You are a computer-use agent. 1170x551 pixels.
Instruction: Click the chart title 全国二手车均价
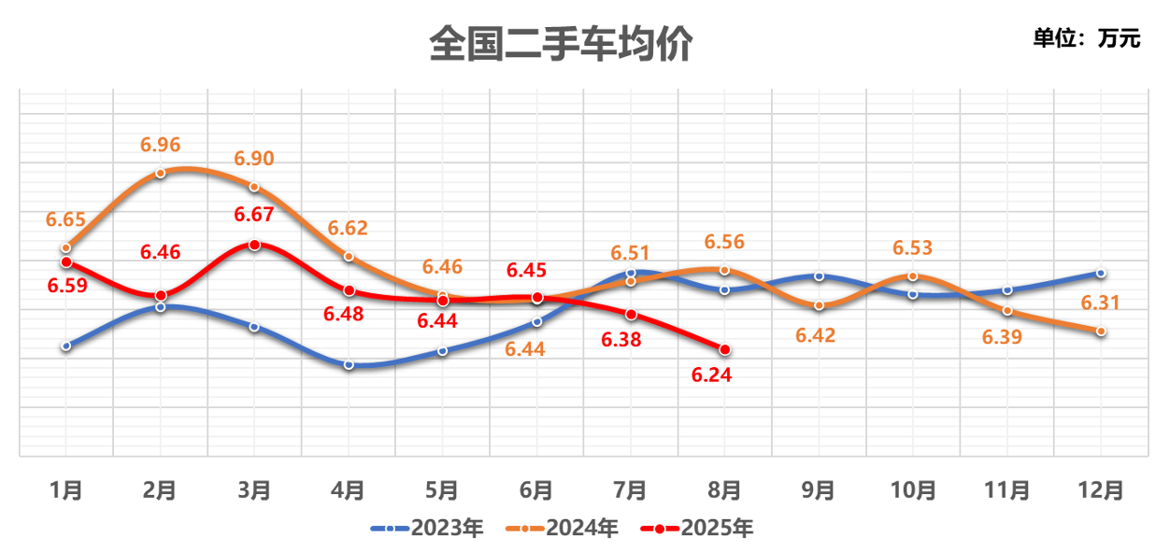pyautogui.click(x=560, y=43)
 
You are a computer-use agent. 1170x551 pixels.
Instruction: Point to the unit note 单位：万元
pyautogui.click(x=1086, y=38)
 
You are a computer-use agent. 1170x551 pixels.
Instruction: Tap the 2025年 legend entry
pyautogui.click(x=697, y=529)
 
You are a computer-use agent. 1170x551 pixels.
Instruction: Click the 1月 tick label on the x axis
pyautogui.click(x=65, y=489)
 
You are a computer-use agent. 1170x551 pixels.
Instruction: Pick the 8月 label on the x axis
pyautogui.click(x=724, y=489)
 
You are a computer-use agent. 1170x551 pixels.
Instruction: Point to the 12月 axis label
pyautogui.click(x=1101, y=489)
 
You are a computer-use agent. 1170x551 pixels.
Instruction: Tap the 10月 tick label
pyautogui.click(x=913, y=489)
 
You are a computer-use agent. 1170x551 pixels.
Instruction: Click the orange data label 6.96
pyautogui.click(x=160, y=145)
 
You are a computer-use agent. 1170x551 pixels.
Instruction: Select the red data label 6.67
pyautogui.click(x=254, y=215)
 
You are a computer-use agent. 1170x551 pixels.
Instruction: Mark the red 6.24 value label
pyautogui.click(x=711, y=375)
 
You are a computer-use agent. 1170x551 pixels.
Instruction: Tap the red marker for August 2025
pyautogui.click(x=724, y=349)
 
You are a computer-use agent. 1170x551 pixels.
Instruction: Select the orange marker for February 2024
pyautogui.click(x=161, y=173)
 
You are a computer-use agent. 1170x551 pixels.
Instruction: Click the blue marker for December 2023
pyautogui.click(x=1101, y=273)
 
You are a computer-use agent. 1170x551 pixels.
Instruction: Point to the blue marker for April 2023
pyautogui.click(x=349, y=364)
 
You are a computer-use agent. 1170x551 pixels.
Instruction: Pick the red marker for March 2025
pyautogui.click(x=254, y=245)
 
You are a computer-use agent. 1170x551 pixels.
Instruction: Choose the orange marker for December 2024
pyautogui.click(x=1101, y=331)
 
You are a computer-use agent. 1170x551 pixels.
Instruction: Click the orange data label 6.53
pyautogui.click(x=913, y=248)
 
